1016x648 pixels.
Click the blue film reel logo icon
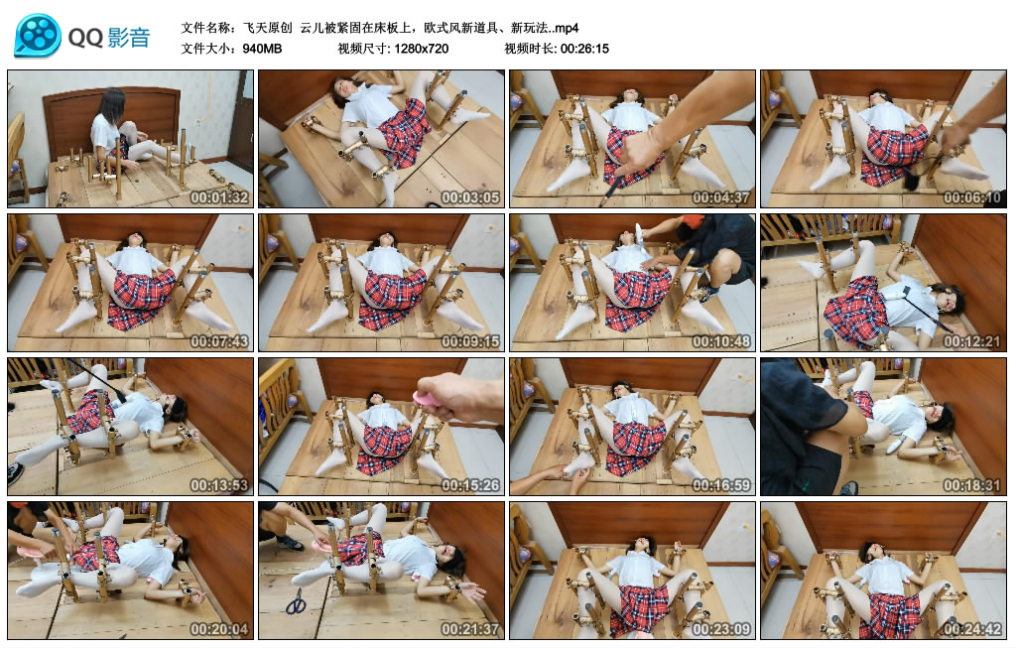pyautogui.click(x=38, y=36)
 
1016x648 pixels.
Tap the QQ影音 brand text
pyautogui.click(x=109, y=38)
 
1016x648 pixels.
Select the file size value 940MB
pyautogui.click(x=262, y=49)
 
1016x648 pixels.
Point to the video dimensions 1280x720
pyautogui.click(x=421, y=49)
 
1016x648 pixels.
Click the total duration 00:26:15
pyautogui.click(x=584, y=49)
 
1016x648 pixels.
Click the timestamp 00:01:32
pyautogui.click(x=219, y=197)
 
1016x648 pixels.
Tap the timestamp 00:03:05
pyautogui.click(x=470, y=197)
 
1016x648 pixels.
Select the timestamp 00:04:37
pyautogui.click(x=721, y=197)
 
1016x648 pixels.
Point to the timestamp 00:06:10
pyautogui.click(x=972, y=197)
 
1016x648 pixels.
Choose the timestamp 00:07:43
pyautogui.click(x=219, y=341)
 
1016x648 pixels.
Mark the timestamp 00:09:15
pyautogui.click(x=470, y=341)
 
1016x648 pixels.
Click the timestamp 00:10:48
pyautogui.click(x=721, y=341)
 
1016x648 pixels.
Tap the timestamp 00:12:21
pyautogui.click(x=972, y=341)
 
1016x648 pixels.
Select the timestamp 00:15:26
pyautogui.click(x=470, y=485)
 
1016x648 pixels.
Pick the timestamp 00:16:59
pyautogui.click(x=721, y=485)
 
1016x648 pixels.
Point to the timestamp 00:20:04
pyautogui.click(x=219, y=629)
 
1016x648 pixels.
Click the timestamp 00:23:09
pyautogui.click(x=721, y=629)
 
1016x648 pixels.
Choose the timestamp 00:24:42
pyautogui.click(x=972, y=629)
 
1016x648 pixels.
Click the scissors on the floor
pyautogui.click(x=296, y=601)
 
